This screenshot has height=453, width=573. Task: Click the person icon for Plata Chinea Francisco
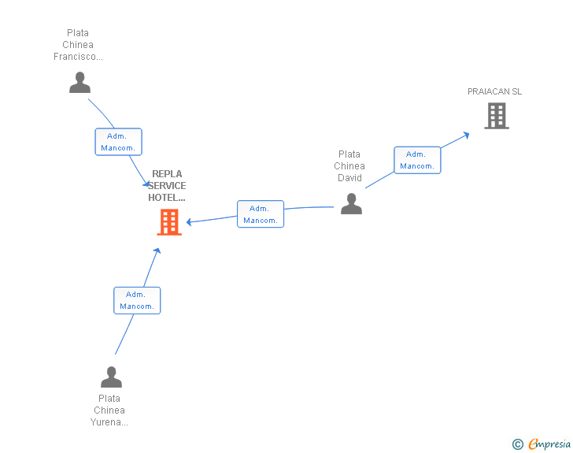click(79, 83)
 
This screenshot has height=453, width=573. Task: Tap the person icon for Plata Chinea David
click(351, 203)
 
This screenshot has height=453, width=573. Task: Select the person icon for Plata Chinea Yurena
click(111, 377)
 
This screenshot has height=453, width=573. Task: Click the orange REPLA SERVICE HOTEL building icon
click(169, 222)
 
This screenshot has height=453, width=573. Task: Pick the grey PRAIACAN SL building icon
click(497, 116)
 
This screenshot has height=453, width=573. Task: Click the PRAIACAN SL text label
click(494, 91)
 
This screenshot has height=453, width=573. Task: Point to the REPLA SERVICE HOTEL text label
click(167, 185)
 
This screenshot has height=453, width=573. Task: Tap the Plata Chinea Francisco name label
click(78, 45)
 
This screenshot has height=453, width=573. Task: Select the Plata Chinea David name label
click(349, 165)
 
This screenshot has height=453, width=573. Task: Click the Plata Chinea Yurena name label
click(109, 410)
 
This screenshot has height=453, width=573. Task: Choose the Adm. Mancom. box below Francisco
click(118, 142)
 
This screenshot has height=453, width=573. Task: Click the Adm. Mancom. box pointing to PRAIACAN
click(417, 160)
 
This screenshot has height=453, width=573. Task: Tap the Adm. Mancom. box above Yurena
click(137, 300)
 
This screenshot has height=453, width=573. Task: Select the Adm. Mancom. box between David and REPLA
click(261, 214)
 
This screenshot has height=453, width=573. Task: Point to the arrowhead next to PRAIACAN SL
click(466, 136)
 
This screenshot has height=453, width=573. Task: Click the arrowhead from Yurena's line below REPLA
click(157, 251)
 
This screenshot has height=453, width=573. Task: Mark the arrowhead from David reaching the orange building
click(189, 221)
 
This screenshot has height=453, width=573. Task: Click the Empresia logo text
click(549, 444)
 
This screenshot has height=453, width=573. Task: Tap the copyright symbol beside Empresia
click(518, 444)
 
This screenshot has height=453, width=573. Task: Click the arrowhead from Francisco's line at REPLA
click(146, 184)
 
